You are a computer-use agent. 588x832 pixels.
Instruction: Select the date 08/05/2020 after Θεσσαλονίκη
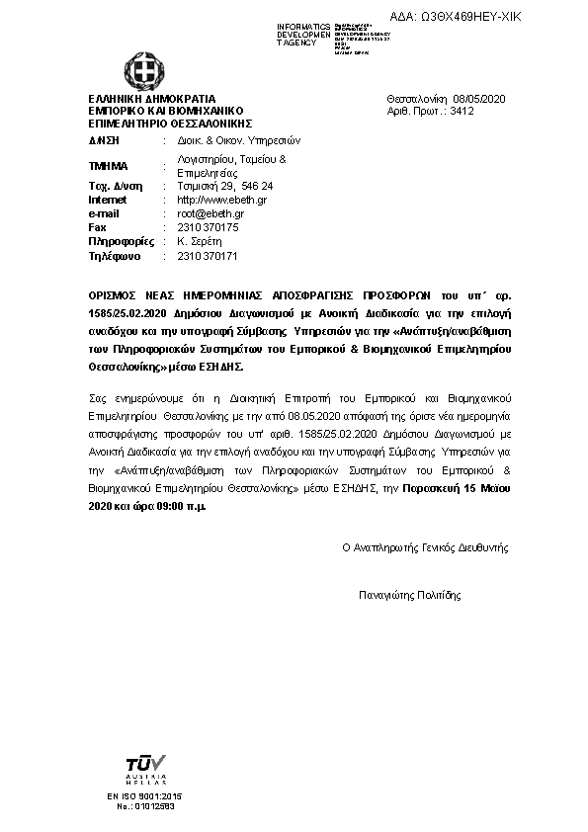(478, 100)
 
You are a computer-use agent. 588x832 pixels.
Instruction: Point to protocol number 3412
(462, 112)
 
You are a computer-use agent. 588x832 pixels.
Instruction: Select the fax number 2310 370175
(207, 227)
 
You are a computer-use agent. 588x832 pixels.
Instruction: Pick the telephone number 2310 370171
(207, 256)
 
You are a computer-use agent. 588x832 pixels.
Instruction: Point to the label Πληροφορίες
(117, 241)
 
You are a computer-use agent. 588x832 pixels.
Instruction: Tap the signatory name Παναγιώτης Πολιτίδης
(410, 595)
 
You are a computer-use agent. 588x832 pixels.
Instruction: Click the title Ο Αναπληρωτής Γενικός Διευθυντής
(425, 546)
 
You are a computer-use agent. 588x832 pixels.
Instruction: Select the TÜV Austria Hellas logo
(144, 769)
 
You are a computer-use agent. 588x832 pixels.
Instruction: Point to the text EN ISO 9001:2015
(144, 796)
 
